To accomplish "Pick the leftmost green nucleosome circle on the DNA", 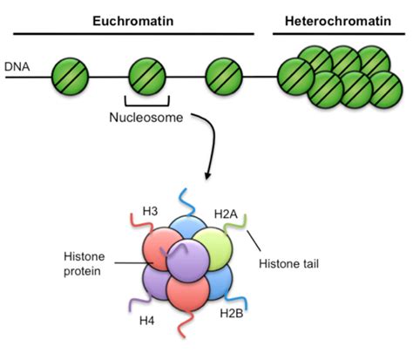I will [x=70, y=77].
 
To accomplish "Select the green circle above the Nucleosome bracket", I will [x=147, y=77].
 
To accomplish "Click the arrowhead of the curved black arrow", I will [x=206, y=178].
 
